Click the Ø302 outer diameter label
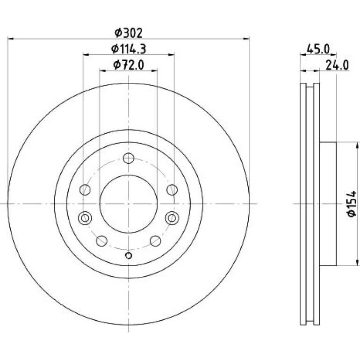pos(129,33)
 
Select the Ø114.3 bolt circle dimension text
pos(129,49)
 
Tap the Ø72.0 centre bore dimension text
pos(129,65)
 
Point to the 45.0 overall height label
pos(318,49)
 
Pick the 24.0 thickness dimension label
pos(337,65)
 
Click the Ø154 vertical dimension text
pos(352,203)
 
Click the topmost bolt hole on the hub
pos(129,158)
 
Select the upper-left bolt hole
pos(85,190)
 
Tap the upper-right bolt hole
pos(172,190)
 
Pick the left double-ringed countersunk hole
pos(85,217)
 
